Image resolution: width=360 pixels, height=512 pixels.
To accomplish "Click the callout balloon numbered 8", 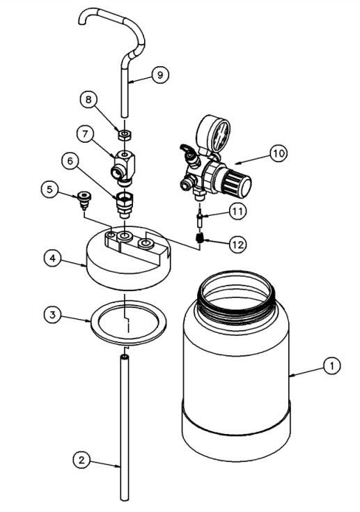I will pos(88,100).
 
